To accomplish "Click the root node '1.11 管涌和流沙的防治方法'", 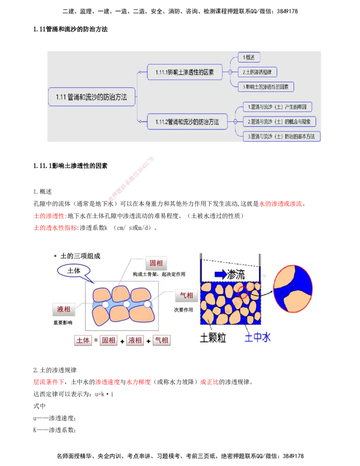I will tap(92, 97).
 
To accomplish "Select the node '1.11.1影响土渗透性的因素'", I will tap(185, 72).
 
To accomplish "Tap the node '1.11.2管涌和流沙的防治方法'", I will tap(187, 122).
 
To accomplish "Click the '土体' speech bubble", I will tap(73, 271).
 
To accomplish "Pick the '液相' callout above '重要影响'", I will tap(63, 309).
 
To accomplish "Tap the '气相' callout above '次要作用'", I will tap(186, 296).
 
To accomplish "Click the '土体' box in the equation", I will tap(83, 340).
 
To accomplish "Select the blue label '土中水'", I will tap(257, 338).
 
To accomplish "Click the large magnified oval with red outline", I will tap(293, 289).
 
